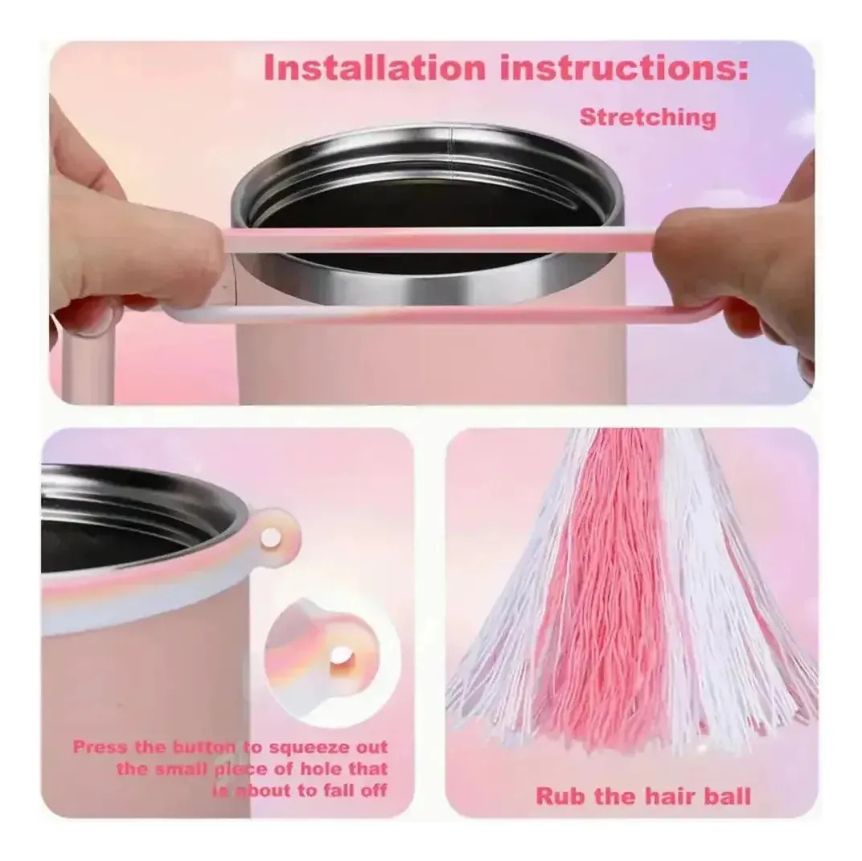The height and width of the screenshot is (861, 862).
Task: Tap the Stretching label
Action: [648, 117]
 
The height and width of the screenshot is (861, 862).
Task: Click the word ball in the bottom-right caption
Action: [729, 796]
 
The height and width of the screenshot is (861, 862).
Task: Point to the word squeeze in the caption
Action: [309, 747]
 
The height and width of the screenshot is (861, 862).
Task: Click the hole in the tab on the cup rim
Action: [270, 537]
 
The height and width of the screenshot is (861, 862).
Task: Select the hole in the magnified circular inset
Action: [340, 656]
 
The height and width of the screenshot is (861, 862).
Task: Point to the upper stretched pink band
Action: [440, 241]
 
